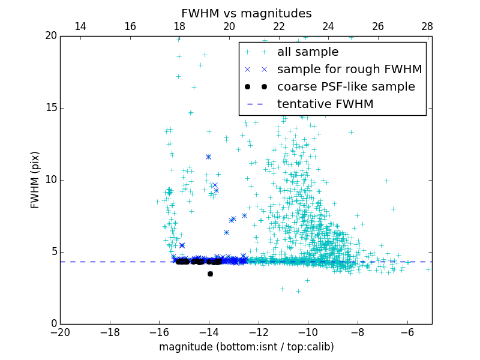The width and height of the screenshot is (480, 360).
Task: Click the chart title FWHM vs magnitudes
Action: point(246,13)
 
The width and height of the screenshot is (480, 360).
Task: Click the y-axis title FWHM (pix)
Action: point(35,180)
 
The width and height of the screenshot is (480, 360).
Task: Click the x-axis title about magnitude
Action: point(246,347)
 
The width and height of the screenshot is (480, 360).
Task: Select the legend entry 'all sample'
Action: point(308,52)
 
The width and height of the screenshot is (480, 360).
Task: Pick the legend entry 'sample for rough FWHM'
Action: point(349,70)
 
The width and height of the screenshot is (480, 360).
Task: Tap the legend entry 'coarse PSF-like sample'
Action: point(346,87)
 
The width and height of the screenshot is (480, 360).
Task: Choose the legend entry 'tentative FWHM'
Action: point(325,104)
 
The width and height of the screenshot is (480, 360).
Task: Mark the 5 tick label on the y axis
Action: point(53,252)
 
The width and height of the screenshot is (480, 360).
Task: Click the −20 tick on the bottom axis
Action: point(60,332)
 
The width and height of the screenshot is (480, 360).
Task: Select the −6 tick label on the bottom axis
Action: point(407,332)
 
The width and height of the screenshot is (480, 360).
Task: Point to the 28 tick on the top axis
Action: point(427,26)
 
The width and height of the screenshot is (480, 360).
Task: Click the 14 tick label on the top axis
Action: point(80,26)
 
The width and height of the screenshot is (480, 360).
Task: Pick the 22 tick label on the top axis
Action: point(278,26)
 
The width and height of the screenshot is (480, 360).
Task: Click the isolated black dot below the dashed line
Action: point(210,274)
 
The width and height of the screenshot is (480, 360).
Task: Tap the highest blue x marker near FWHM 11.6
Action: point(208,157)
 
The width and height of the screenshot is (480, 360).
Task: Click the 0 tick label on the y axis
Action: point(53,324)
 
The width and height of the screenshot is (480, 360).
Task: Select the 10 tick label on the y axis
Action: point(50,180)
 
